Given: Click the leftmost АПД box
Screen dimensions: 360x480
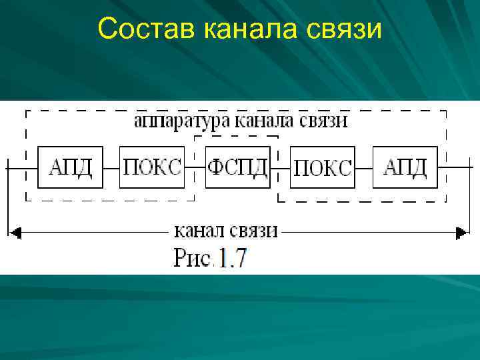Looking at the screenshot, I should point(71,167).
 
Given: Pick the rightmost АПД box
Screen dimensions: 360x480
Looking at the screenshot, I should point(405,167).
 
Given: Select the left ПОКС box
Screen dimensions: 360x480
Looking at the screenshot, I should point(153,167).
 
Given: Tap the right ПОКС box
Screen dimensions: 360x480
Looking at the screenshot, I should point(323,167).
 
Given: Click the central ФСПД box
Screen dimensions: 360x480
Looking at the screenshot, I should point(237,167).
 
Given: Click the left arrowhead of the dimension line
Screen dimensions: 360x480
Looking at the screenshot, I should point(15,232).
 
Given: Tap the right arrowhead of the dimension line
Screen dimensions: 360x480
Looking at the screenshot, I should point(460,232).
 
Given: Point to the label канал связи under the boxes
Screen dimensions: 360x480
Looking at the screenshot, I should point(225,231).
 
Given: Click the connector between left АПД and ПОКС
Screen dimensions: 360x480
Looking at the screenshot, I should point(111,167).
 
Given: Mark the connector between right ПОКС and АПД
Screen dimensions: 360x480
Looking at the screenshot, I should point(364,167).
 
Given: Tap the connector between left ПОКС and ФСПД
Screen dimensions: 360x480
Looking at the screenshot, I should point(195,167).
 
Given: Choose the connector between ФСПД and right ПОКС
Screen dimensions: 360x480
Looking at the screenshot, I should point(280,167).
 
